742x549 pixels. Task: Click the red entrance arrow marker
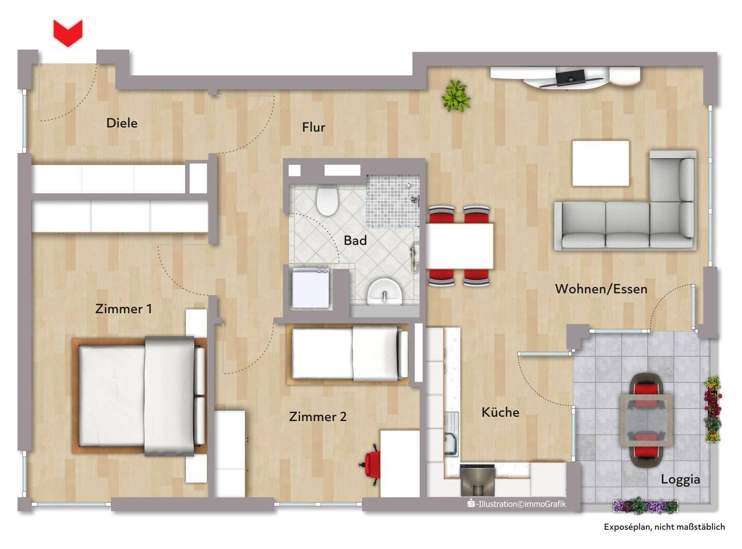tap(68, 32)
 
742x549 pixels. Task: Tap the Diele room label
tap(122, 123)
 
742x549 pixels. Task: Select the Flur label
tap(313, 127)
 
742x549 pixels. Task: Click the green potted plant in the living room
tap(456, 96)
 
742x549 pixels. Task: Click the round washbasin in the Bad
tap(385, 292)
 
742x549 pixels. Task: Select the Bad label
tap(355, 240)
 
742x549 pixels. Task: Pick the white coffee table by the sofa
tap(600, 163)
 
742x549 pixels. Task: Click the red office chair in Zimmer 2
tap(372, 464)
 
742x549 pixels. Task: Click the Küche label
tap(500, 412)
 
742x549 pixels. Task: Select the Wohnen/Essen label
tap(601, 288)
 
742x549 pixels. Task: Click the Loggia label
tap(680, 479)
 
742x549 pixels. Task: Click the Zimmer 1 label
tap(124, 308)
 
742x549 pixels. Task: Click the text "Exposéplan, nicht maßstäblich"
tap(664, 527)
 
